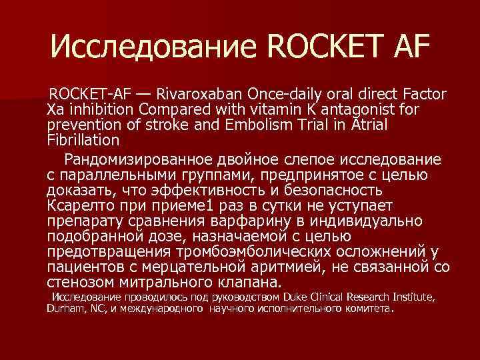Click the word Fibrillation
coord(83,140)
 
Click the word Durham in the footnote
coord(65,309)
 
